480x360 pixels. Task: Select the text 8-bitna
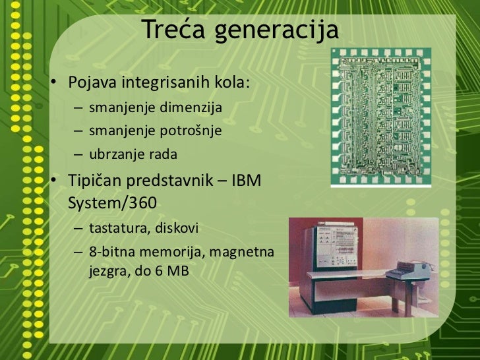tap(109, 253)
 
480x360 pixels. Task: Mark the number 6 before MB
tap(159, 270)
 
